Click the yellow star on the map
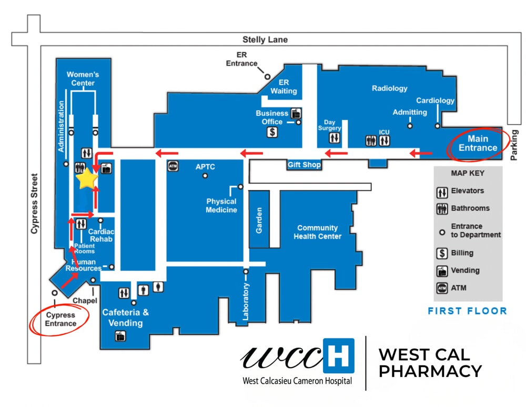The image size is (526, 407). [x=87, y=180]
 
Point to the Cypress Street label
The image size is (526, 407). [x=35, y=203]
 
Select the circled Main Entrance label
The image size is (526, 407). [x=478, y=143]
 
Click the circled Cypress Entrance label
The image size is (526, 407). [x=60, y=319]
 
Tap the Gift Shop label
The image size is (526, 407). [x=304, y=165]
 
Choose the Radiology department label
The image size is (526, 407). [x=390, y=88]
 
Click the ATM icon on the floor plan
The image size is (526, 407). [x=173, y=166]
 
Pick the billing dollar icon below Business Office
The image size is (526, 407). [x=272, y=132]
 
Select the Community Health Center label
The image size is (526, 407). [x=317, y=232]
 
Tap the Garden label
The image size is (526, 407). [x=259, y=220]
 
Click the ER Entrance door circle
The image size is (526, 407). [x=267, y=76]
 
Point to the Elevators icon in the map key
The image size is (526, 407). [x=442, y=191]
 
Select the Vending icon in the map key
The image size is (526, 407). [x=442, y=271]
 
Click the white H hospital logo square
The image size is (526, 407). [x=338, y=356]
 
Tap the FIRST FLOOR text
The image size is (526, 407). [x=467, y=311]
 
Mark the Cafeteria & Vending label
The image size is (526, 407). [x=125, y=317]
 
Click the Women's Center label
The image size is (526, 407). [x=83, y=79]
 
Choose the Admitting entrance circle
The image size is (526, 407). [x=410, y=126]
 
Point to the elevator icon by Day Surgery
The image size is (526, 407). [x=335, y=138]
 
